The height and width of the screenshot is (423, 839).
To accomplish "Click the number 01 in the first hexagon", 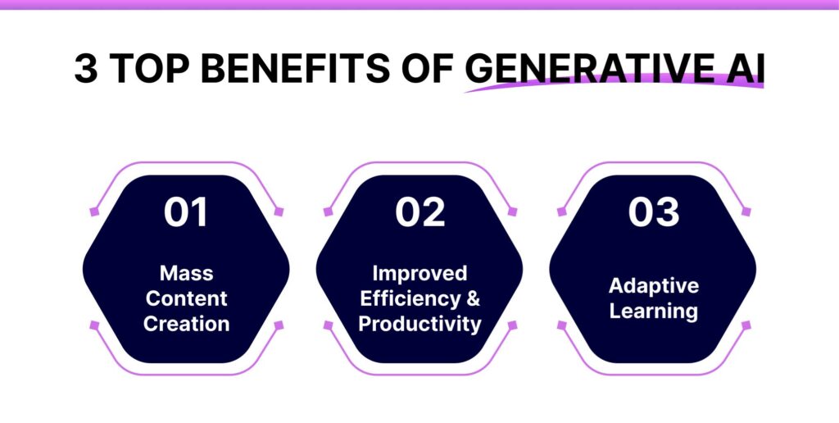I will point(186,212).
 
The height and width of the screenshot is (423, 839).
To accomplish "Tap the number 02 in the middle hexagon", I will point(419,212).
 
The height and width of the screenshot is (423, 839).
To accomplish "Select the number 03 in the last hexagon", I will point(652,212).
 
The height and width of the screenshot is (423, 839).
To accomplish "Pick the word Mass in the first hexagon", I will point(186,273).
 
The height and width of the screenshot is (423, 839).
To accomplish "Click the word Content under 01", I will point(186,298).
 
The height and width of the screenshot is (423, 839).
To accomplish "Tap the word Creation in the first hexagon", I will point(186,323).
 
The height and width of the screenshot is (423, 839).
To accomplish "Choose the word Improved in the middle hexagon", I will point(419,273).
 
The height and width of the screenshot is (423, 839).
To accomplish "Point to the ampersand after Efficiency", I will point(474,298).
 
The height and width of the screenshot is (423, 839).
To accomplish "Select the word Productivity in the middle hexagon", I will point(419,324).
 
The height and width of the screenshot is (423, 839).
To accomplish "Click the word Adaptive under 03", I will point(653,285).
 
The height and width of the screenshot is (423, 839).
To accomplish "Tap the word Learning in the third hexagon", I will point(653,312).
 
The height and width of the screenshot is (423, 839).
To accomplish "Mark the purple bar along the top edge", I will point(419,4).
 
